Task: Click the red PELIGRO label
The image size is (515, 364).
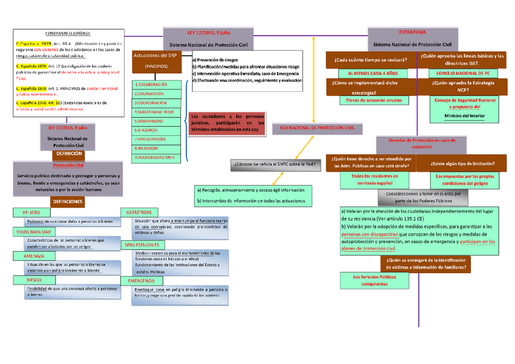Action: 30,213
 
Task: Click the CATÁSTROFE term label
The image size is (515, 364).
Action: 138,213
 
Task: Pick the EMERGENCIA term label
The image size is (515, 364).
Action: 141,281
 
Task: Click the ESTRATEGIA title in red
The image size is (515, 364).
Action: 412,32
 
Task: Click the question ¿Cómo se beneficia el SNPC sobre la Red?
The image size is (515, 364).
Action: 275,164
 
